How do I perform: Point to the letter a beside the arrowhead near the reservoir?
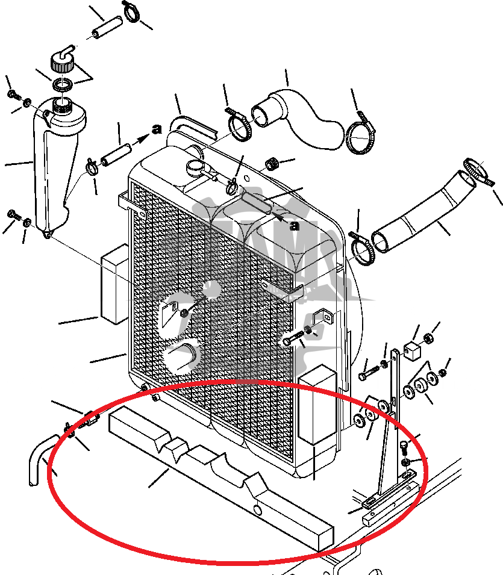(157, 128)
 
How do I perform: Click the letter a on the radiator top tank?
(294, 226)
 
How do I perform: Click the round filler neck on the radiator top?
(196, 167)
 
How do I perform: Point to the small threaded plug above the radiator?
(272, 163)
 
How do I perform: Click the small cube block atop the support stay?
(411, 350)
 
